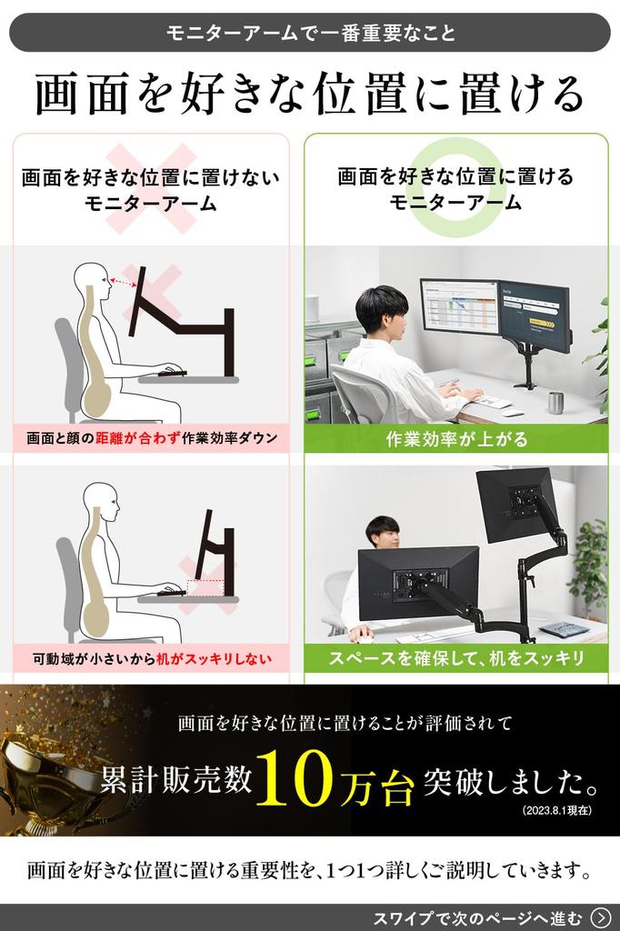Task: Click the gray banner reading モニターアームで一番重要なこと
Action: (x=310, y=33)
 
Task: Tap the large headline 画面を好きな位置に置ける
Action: (x=310, y=95)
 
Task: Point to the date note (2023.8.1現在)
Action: (x=556, y=810)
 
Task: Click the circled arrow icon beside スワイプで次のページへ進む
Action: (x=600, y=916)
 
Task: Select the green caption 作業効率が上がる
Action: (x=455, y=439)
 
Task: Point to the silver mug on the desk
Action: (x=555, y=402)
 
